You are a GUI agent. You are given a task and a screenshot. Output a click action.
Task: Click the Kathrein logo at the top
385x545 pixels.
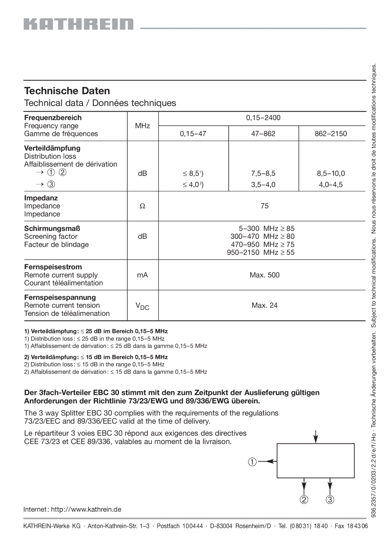point(78,24)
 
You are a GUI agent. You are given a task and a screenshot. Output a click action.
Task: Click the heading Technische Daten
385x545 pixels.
point(67,91)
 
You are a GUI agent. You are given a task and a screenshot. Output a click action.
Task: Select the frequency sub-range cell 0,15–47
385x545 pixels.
point(193,134)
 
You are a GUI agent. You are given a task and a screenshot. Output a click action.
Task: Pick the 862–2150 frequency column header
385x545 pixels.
point(331,134)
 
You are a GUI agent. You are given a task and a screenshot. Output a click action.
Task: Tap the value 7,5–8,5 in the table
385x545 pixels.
point(263,173)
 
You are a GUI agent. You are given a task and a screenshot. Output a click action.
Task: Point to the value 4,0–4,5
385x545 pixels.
point(331,184)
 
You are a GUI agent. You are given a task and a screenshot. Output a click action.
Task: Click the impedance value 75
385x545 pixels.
point(265,206)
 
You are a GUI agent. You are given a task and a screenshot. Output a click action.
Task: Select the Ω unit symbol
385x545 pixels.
point(142,206)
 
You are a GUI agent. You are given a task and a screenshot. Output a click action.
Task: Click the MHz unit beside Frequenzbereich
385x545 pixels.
point(142,126)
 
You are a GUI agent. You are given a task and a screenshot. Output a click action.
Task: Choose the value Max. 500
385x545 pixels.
point(265,275)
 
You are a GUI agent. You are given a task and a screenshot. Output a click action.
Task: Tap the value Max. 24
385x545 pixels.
point(265,305)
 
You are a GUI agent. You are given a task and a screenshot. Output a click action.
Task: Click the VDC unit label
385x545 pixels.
point(142,306)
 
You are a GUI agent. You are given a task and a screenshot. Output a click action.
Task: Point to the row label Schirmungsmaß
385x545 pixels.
point(52,228)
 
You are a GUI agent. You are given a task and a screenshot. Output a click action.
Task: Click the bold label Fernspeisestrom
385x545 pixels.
point(53,267)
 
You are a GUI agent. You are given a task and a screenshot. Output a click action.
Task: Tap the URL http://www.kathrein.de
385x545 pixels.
point(86,509)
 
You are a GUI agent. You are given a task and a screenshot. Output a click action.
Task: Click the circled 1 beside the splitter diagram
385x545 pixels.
point(252,462)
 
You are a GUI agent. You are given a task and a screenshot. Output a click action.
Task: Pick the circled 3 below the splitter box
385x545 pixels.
point(330,499)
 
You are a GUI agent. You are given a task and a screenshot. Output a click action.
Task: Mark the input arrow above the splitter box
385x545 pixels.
point(315,436)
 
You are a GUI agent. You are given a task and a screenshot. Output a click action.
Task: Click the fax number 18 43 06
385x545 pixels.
point(358,526)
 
